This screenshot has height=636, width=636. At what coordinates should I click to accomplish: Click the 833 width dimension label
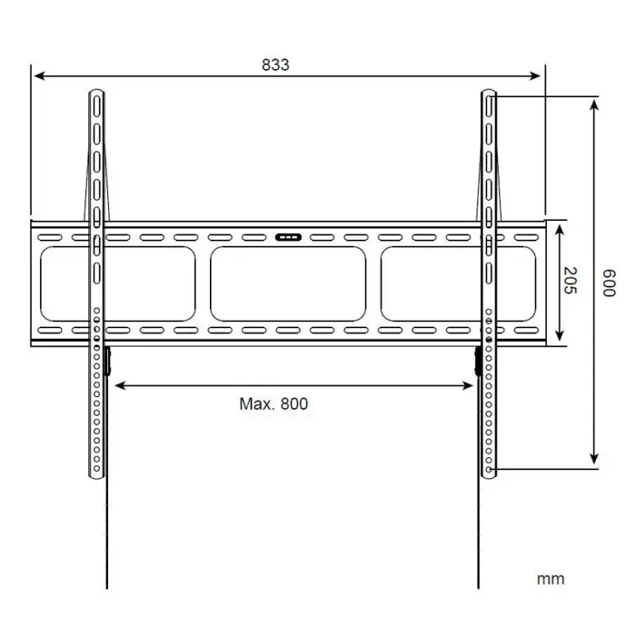[275, 65]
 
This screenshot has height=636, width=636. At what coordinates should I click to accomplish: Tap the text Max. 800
[273, 403]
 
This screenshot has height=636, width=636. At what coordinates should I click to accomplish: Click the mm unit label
[550, 579]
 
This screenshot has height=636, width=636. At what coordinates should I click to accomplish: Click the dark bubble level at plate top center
[288, 238]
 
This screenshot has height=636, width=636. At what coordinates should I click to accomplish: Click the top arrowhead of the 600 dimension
[594, 103]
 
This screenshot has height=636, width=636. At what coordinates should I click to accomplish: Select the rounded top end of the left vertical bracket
[96, 93]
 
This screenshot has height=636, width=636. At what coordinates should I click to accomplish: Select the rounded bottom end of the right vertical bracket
[490, 473]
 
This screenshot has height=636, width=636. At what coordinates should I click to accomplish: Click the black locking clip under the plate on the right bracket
[478, 360]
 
